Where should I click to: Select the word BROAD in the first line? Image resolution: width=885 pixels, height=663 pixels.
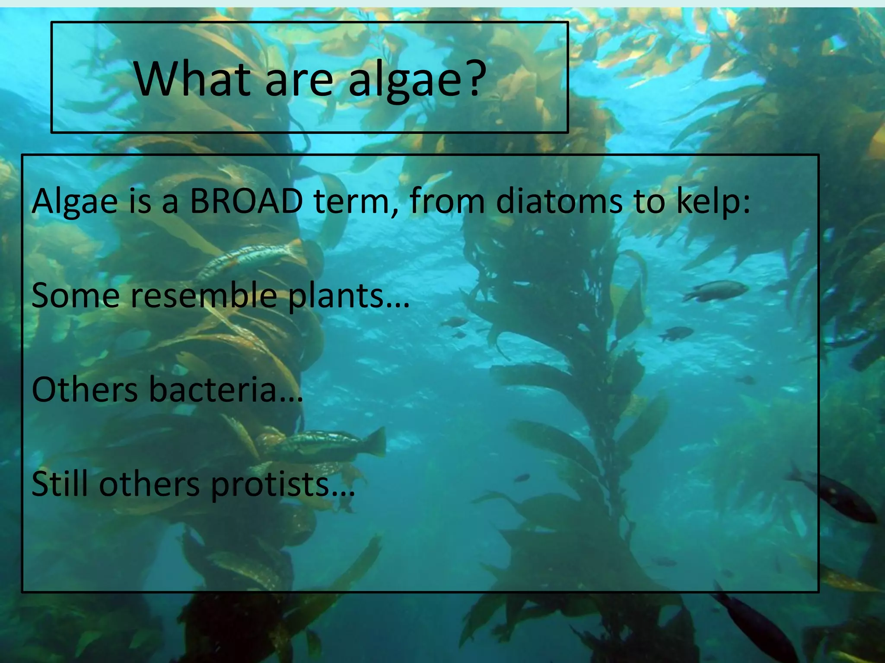pos(246,201)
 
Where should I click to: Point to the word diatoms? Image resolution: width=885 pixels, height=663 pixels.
pos(559,201)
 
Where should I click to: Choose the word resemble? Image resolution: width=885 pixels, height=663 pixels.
pos(204,295)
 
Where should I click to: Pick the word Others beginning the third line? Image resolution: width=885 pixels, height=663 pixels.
pos(85,389)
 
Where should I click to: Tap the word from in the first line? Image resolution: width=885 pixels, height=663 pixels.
pos(447,201)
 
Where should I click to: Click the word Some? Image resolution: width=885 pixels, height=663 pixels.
pos(76,295)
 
